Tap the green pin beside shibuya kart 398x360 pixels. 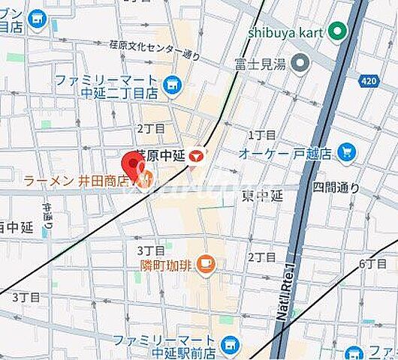click(339, 31)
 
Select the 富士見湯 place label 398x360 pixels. click(260, 64)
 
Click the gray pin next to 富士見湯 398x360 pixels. click(301, 63)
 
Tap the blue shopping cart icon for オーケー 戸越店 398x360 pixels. click(346, 153)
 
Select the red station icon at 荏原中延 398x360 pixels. click(195, 156)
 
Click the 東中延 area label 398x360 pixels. click(262, 196)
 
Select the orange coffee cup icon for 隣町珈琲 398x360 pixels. click(208, 264)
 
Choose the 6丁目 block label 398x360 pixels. click(371, 263)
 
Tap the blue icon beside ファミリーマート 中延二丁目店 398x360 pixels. click(173, 86)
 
